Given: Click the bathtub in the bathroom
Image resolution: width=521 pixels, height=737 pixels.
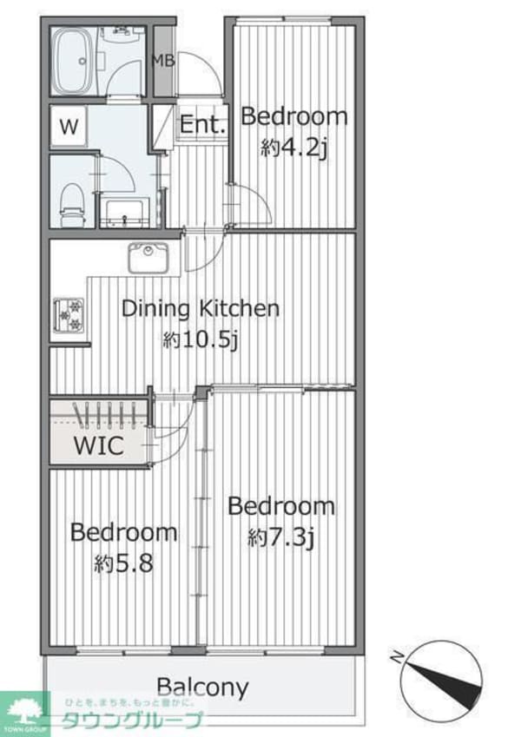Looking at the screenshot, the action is point(71,61).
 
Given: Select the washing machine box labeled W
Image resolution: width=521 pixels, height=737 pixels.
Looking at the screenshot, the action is point(69,127).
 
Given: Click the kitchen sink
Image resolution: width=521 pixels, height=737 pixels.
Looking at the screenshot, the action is point(148,257).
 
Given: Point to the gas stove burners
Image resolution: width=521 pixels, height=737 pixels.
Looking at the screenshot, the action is point(69,315).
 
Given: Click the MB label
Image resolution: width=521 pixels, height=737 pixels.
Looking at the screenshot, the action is point(163,61).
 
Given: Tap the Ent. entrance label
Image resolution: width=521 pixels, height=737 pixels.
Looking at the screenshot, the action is point(202,124).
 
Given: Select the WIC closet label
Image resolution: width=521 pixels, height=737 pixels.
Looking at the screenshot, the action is point(99,445).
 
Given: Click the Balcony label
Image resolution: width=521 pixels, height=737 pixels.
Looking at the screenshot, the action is point(202,688).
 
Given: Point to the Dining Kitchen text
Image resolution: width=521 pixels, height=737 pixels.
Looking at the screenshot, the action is point(201,308).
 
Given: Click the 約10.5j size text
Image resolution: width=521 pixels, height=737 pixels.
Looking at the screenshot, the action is point(201,339).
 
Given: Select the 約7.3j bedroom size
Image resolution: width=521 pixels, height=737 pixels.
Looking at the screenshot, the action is point(280,537).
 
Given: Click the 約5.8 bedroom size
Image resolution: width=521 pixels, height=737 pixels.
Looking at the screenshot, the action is point(123,563).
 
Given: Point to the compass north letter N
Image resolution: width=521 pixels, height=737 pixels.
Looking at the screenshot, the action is point(398,656).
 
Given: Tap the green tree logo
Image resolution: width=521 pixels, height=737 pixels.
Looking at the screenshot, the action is point(24,711).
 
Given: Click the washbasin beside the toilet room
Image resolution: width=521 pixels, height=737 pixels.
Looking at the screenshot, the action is point(125,213).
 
